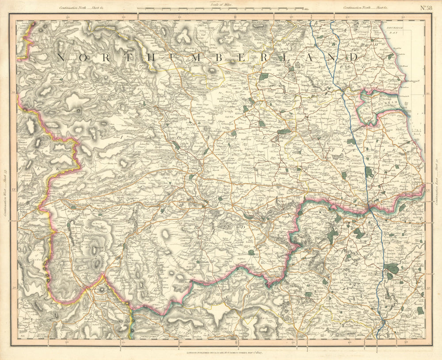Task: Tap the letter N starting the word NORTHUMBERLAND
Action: click(x=61, y=57)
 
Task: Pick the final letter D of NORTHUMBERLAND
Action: click(x=354, y=57)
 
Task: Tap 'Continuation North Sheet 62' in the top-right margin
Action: click(x=365, y=8)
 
